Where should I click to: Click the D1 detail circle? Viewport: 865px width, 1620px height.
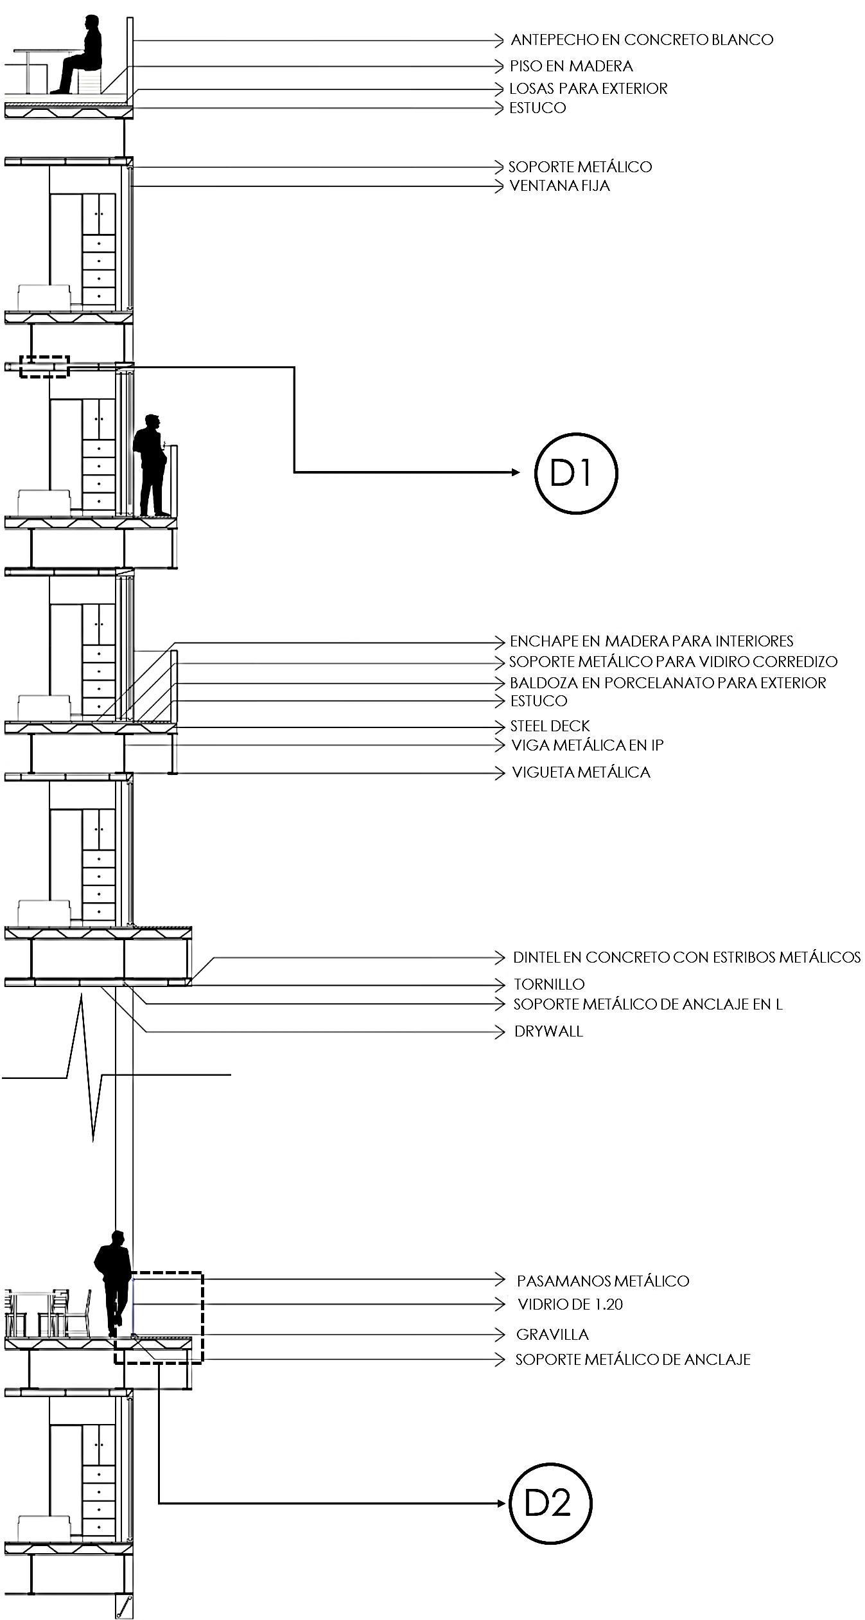(575, 472)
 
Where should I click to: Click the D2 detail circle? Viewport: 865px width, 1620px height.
(550, 1503)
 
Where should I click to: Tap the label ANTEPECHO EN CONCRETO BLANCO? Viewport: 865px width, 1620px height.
(642, 40)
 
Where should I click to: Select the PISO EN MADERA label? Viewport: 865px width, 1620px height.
(571, 66)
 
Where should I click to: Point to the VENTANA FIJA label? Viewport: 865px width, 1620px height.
(559, 186)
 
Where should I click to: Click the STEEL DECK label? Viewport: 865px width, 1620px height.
(550, 726)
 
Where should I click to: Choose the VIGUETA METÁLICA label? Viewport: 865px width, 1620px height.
(581, 772)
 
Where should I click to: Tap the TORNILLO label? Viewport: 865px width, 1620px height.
(549, 984)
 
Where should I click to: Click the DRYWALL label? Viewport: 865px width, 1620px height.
(548, 1031)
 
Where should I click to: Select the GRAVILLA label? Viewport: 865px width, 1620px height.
(552, 1335)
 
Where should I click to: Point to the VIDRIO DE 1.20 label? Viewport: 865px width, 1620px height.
(570, 1304)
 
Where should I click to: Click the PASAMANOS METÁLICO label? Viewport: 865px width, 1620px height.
(602, 1281)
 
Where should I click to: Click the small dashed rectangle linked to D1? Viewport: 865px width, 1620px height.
(44, 366)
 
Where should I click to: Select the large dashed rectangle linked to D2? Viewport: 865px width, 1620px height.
(159, 1317)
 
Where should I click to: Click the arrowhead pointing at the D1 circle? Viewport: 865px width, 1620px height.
(516, 472)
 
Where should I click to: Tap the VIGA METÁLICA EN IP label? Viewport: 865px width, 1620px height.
(587, 745)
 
